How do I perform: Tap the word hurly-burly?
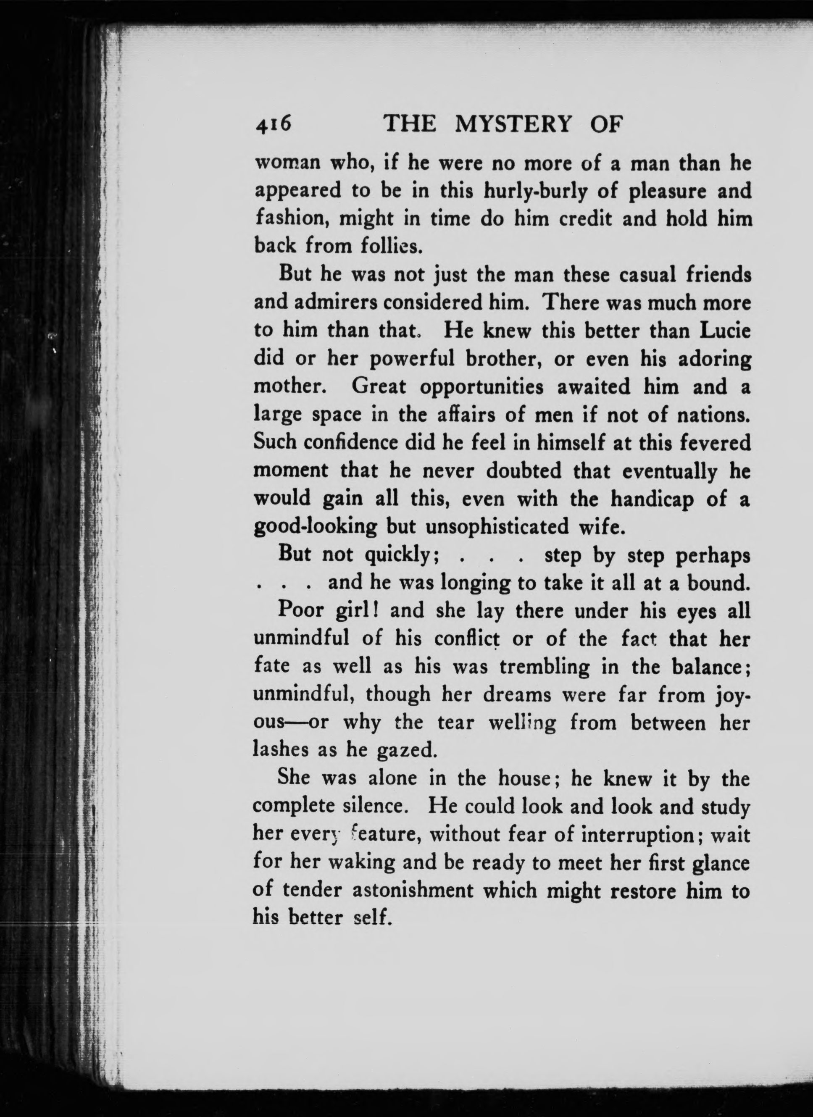[x=535, y=191]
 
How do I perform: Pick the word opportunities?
[x=481, y=386]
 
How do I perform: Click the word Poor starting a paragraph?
[x=300, y=611]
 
